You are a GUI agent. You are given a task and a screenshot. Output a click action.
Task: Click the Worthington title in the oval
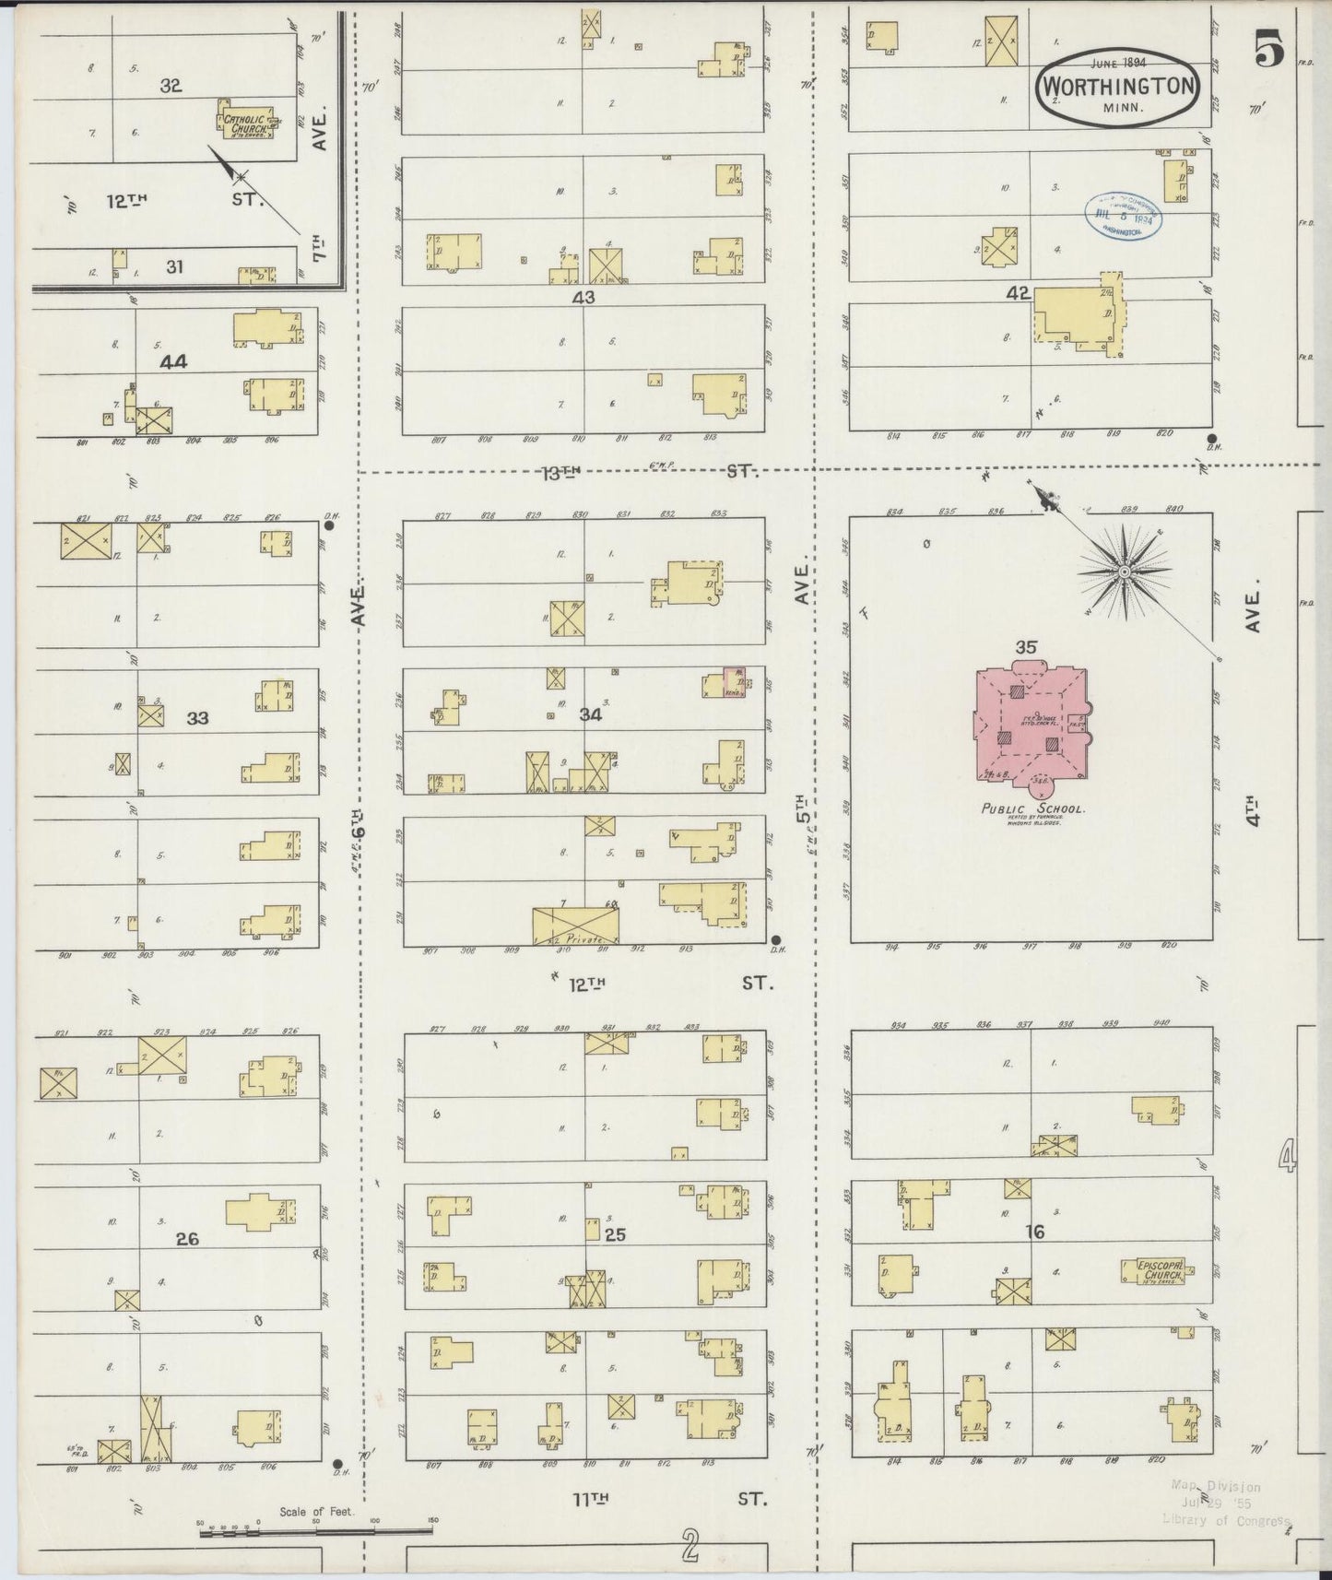(1118, 86)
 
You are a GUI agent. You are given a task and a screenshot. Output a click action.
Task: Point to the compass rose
(1124, 572)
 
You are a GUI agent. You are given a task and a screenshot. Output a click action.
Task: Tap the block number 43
(583, 297)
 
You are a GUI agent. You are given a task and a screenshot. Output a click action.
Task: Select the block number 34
(590, 714)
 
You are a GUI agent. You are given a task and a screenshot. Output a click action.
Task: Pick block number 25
(614, 1234)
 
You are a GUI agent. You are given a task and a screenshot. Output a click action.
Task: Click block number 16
(1034, 1231)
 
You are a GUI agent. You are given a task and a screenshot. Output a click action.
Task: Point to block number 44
(173, 362)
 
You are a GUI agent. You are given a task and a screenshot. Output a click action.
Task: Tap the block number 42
(1018, 293)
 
